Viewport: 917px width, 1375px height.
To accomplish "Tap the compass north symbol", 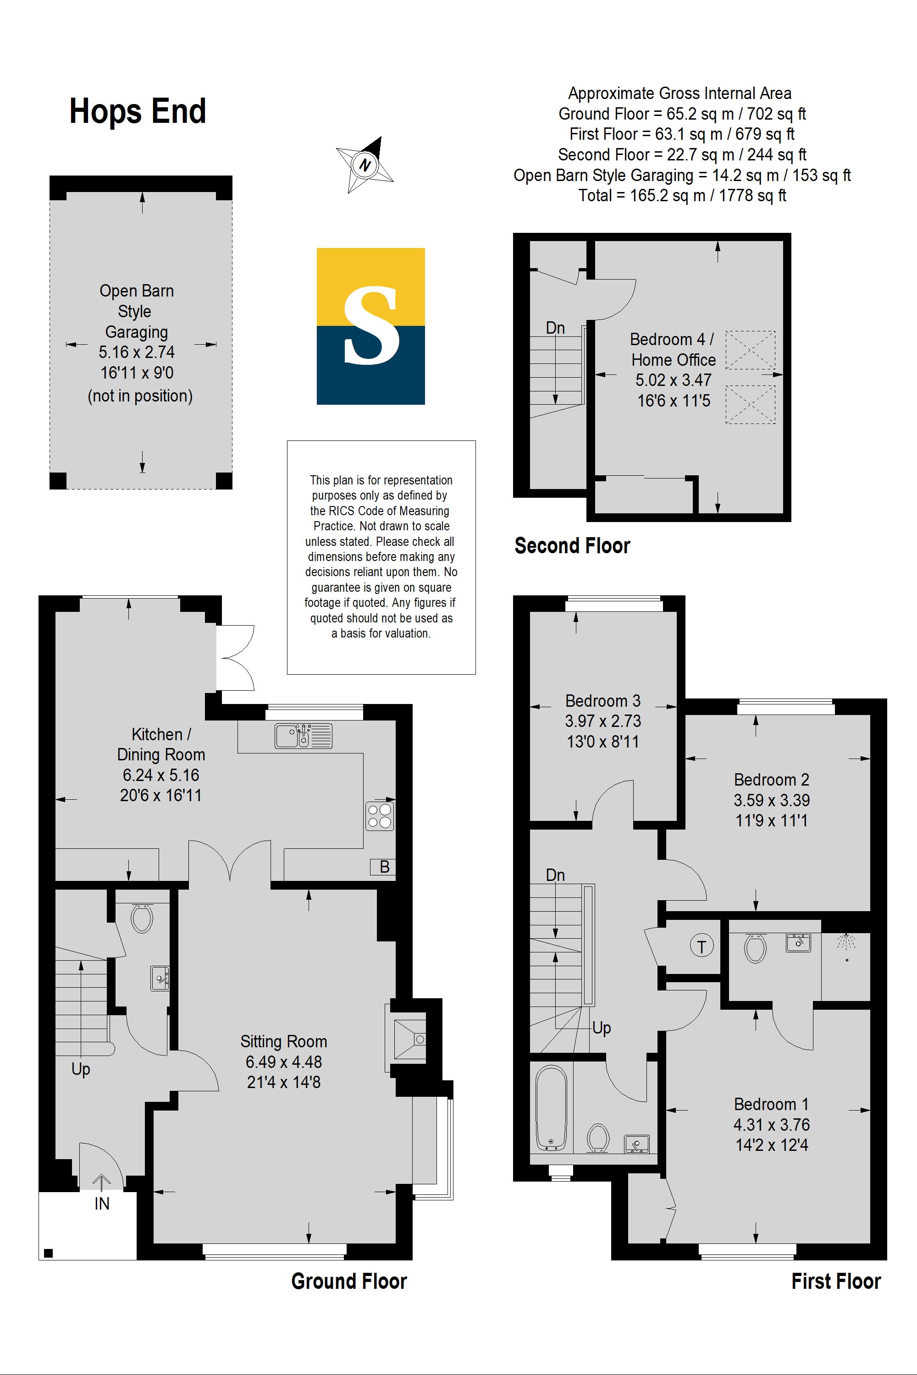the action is tap(365, 165).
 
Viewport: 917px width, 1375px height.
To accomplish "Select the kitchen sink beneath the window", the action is tap(304, 736).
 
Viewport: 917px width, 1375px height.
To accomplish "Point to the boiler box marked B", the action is tap(384, 866).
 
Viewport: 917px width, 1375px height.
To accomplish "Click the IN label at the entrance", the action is tap(102, 1203).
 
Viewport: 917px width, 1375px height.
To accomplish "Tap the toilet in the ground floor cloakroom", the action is tap(142, 918).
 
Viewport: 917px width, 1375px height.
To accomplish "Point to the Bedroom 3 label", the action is tap(602, 700).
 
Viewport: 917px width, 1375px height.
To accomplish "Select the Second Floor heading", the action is tap(572, 545).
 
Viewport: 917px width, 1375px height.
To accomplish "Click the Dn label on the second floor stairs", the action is tap(555, 328).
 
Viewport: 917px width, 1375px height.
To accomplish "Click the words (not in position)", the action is tap(140, 396).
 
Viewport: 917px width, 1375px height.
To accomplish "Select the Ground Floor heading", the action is tap(349, 1281).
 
